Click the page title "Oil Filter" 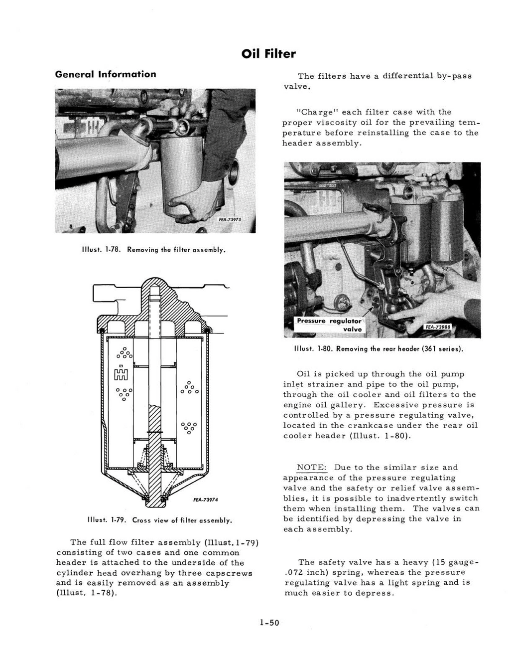(268, 54)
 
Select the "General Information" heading (106, 74)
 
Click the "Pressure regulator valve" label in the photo (329, 325)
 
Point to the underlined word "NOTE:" (312, 468)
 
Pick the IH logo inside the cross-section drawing (122, 374)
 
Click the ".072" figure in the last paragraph (294, 573)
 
